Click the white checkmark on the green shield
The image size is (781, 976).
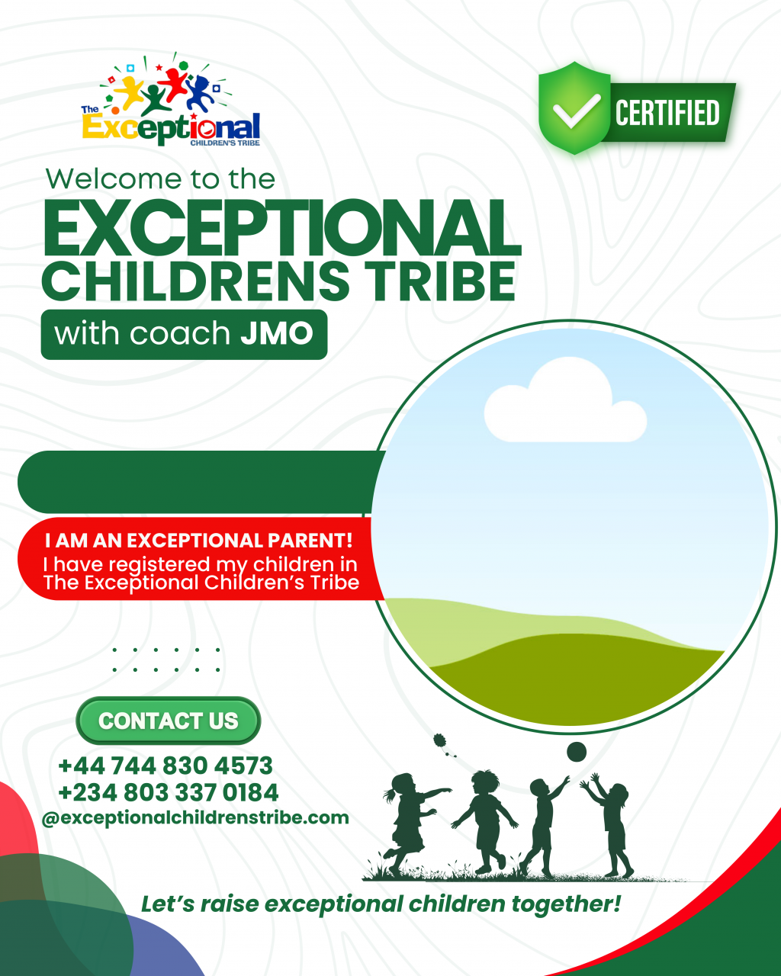pyautogui.click(x=577, y=111)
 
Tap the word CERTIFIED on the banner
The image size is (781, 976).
pyautogui.click(x=667, y=113)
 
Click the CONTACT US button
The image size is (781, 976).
pyautogui.click(x=169, y=721)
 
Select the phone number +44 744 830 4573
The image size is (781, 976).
pyautogui.click(x=166, y=766)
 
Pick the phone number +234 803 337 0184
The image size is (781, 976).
pyautogui.click(x=169, y=792)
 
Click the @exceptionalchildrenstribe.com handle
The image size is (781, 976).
pyautogui.click(x=195, y=818)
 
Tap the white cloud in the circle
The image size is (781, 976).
pyautogui.click(x=565, y=400)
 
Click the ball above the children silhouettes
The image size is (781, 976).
pyautogui.click(x=577, y=752)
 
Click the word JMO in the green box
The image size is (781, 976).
pyautogui.click(x=277, y=333)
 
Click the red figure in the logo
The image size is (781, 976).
pyautogui.click(x=173, y=83)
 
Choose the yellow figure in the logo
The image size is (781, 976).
pyautogui.click(x=130, y=92)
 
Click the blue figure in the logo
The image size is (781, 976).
pyautogui.click(x=200, y=93)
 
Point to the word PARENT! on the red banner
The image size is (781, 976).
pyautogui.click(x=310, y=540)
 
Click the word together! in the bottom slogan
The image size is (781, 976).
pyautogui.click(x=566, y=904)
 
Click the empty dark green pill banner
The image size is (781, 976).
pyautogui.click(x=200, y=482)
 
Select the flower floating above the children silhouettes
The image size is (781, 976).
pyautogui.click(x=443, y=744)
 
